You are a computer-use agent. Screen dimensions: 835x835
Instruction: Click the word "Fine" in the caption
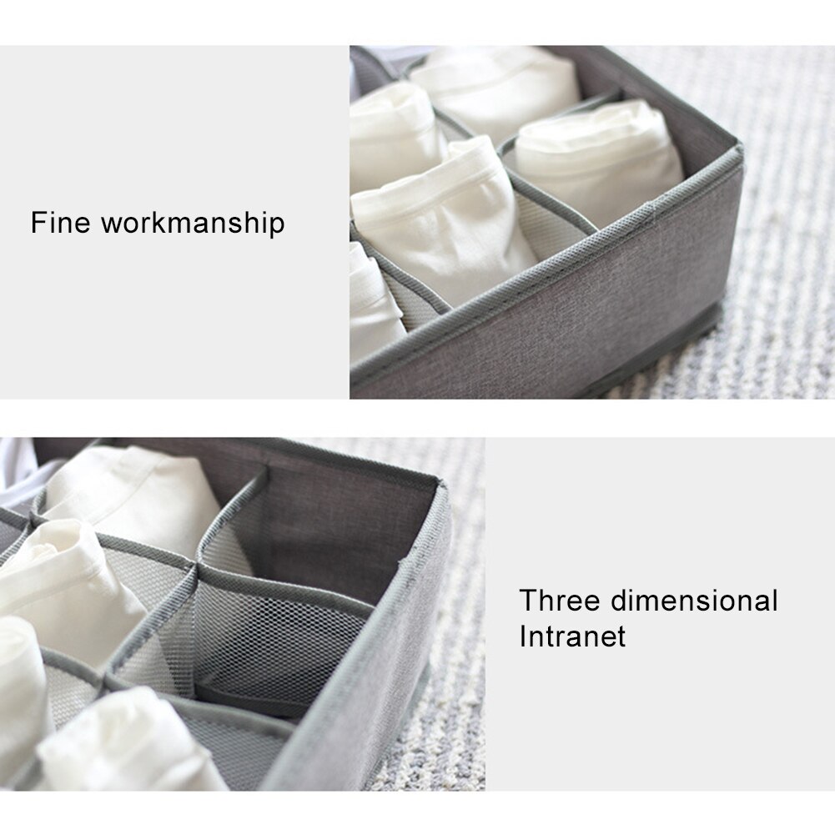click(x=60, y=222)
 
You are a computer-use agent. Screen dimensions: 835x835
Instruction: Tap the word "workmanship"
click(x=193, y=223)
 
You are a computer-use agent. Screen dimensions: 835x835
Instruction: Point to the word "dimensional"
click(x=694, y=600)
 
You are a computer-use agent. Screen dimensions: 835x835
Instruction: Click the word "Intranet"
click(x=572, y=636)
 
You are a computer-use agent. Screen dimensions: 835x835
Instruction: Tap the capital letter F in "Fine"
click(x=38, y=222)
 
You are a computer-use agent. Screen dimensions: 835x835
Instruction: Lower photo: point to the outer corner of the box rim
click(x=441, y=485)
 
